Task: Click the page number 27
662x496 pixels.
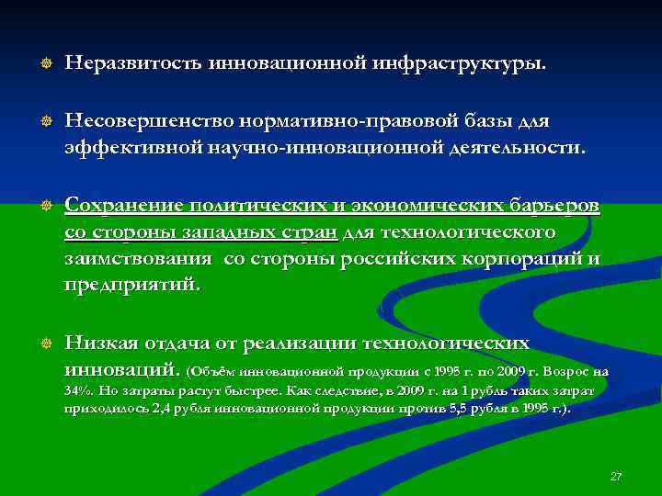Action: [x=616, y=477]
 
